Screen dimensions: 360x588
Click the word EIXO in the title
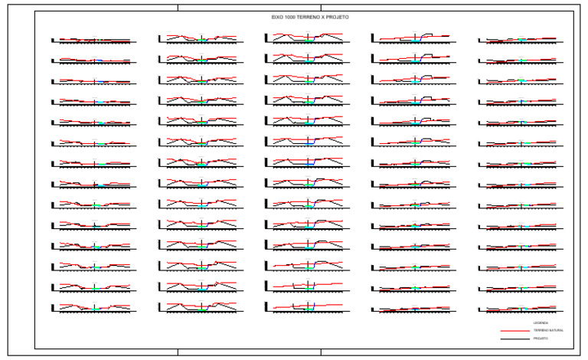point(277,16)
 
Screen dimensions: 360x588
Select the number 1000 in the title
point(289,16)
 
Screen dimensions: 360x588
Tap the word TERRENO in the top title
point(306,16)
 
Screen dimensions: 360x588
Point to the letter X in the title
point(322,16)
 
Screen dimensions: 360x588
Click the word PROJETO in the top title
point(335,16)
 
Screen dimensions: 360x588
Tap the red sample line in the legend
point(511,331)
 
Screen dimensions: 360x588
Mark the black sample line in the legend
point(511,339)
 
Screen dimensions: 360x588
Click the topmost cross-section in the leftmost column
point(94,40)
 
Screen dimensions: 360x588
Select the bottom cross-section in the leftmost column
point(94,307)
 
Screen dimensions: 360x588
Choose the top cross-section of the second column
point(201,38)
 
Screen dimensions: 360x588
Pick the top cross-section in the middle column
point(307,38)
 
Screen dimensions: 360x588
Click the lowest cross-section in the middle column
point(307,306)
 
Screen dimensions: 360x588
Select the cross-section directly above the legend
point(521,309)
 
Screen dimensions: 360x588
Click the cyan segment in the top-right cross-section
point(521,39)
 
